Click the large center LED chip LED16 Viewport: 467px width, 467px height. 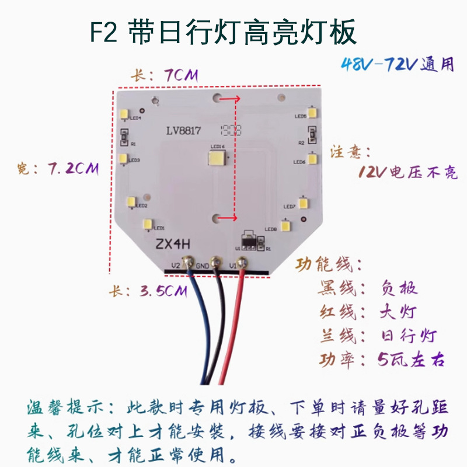[218, 159]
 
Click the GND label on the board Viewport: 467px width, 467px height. [203, 266]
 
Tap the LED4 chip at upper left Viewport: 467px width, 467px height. [124, 115]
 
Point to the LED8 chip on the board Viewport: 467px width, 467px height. [285, 226]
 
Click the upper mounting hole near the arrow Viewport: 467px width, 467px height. [218, 100]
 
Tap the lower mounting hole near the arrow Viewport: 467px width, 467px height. [218, 218]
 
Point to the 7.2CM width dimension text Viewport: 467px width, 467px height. [72, 169]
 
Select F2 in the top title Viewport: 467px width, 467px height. [106, 34]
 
